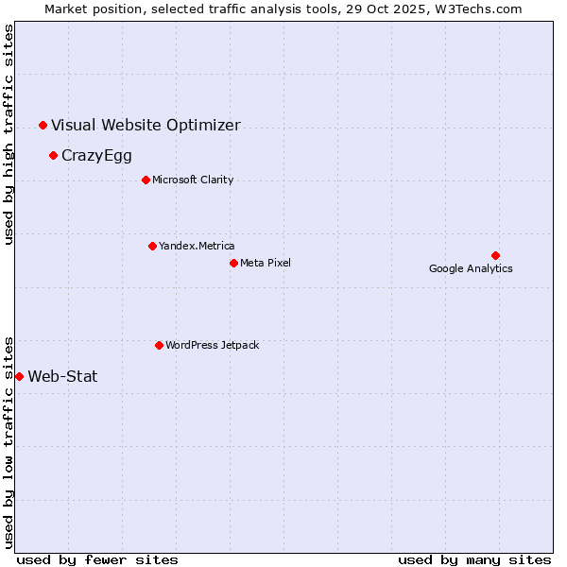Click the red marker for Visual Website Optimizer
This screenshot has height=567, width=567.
click(43, 125)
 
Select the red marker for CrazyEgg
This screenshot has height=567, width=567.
click(53, 155)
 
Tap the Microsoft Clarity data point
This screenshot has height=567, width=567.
click(146, 180)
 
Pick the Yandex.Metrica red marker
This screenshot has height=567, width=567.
click(152, 246)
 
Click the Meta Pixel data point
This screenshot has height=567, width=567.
click(233, 263)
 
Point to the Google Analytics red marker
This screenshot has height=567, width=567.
click(495, 255)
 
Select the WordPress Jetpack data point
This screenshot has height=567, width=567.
click(159, 345)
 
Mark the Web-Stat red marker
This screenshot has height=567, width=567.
click(19, 376)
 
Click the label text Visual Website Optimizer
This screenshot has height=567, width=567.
click(146, 125)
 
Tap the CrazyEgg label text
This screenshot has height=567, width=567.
click(96, 156)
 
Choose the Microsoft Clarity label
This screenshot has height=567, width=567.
click(193, 180)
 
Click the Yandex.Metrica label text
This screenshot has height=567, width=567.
click(197, 246)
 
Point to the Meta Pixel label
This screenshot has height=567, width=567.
click(266, 263)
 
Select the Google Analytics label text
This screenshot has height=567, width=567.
click(471, 268)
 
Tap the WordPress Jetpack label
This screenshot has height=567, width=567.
click(212, 345)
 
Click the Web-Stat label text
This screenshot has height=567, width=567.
click(62, 376)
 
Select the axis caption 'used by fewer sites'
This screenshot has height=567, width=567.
click(97, 559)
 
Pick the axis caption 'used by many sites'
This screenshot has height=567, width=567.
click(474, 559)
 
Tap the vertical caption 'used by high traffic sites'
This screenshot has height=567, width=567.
click(9, 134)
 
